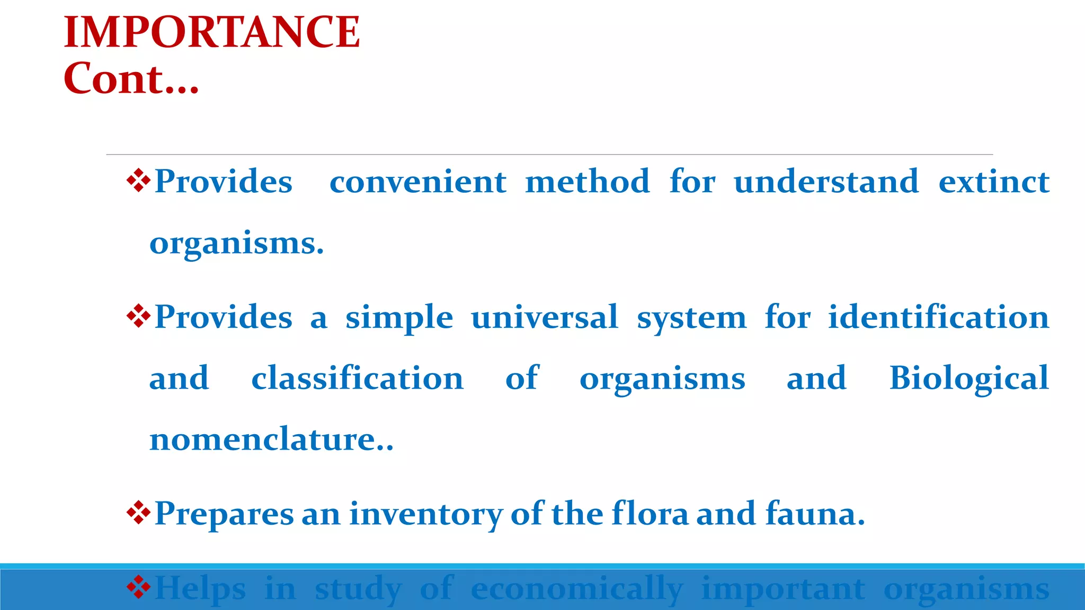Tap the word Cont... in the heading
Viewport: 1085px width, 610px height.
(x=131, y=79)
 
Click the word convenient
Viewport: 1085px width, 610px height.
(x=417, y=182)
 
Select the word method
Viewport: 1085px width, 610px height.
(x=587, y=182)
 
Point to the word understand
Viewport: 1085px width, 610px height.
(x=826, y=182)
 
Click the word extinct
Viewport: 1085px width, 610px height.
(x=993, y=182)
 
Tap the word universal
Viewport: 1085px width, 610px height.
(x=545, y=317)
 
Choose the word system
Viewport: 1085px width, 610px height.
(x=691, y=318)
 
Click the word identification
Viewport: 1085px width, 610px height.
(x=938, y=317)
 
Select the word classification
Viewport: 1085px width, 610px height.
(x=357, y=378)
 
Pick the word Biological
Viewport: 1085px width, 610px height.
(x=969, y=379)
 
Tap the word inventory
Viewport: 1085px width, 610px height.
(x=425, y=514)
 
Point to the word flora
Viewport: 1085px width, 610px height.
(x=650, y=513)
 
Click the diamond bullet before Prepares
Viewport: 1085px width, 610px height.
(x=138, y=513)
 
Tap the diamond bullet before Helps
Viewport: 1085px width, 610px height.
(x=138, y=587)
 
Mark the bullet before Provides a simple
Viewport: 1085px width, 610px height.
(x=138, y=316)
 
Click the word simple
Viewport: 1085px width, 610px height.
(x=399, y=318)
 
